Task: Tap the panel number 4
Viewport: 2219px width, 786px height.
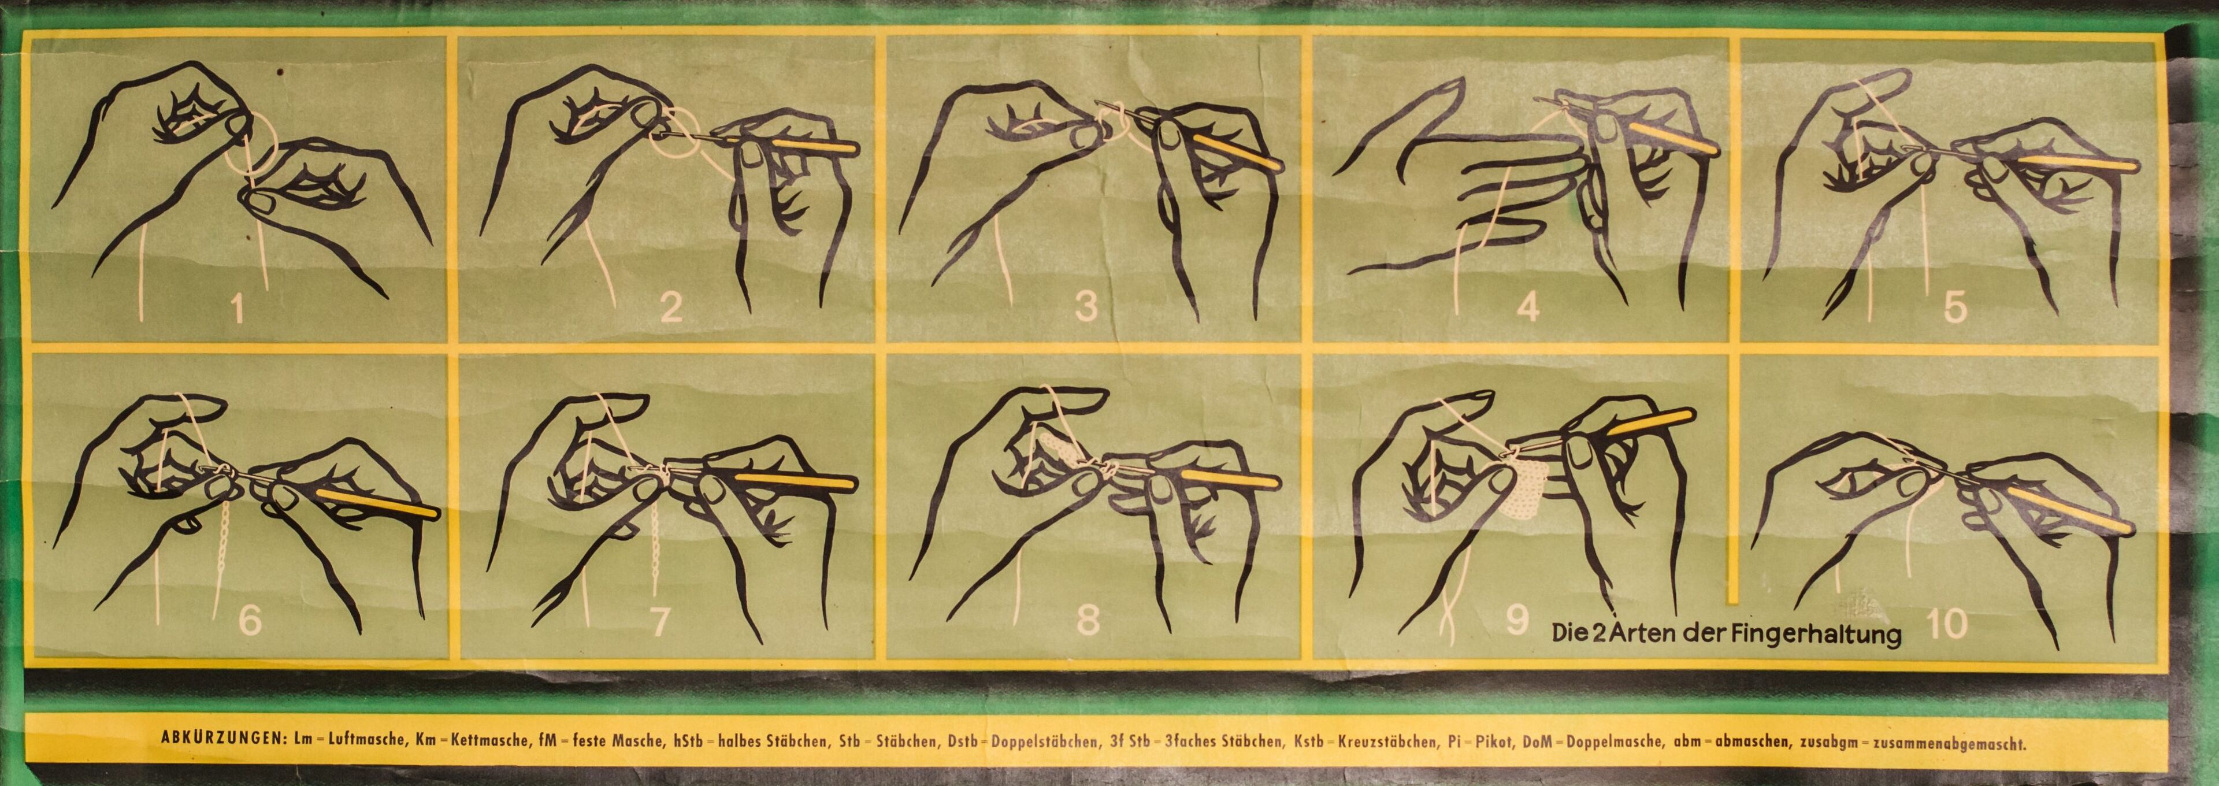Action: click(x=1527, y=307)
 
